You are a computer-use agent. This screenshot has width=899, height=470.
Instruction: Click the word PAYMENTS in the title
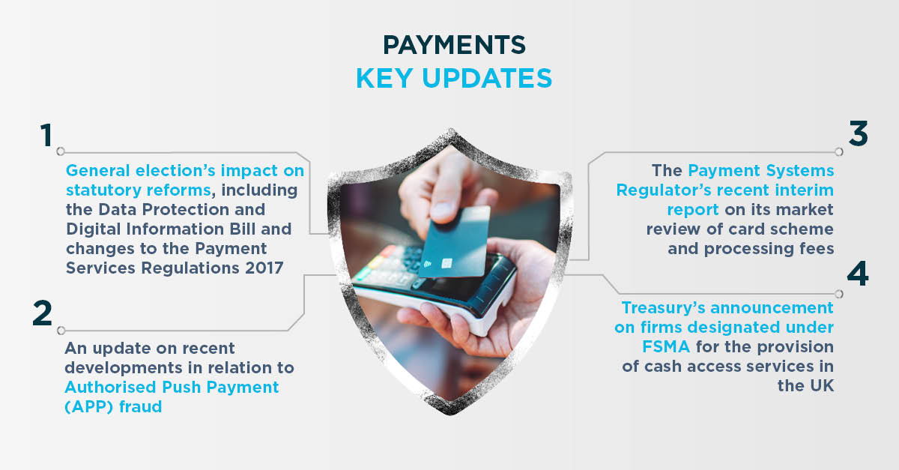click(454, 44)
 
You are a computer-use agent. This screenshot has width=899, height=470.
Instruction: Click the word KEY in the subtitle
click(384, 78)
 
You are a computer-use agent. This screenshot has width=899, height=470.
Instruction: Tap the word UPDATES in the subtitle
click(487, 78)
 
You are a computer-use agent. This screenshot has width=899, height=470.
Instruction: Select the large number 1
click(46, 135)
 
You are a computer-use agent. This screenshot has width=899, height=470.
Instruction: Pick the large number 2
click(43, 313)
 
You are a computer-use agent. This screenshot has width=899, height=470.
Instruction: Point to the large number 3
click(858, 133)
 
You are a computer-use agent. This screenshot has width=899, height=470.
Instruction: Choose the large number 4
click(858, 274)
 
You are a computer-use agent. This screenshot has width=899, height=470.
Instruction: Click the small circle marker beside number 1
click(61, 151)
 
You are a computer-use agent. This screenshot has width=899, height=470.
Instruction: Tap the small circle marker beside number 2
click(61, 331)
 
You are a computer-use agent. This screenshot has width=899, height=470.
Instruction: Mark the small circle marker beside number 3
click(839, 152)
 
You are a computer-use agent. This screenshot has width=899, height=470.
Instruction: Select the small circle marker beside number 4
click(839, 294)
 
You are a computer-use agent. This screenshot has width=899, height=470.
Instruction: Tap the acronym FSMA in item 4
click(666, 346)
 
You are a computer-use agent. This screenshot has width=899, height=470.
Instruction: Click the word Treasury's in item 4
click(664, 308)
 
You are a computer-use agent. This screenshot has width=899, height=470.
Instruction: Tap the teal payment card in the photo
click(454, 242)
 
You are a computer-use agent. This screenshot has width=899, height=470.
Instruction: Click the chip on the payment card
click(447, 264)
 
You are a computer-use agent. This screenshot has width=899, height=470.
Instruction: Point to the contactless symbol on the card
click(428, 264)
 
